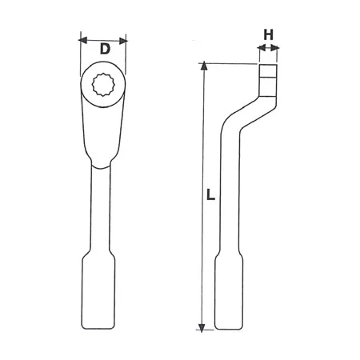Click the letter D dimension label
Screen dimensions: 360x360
[x=104, y=50]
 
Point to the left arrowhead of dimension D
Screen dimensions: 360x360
[x=83, y=38]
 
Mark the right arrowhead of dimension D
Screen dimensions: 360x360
[x=124, y=38]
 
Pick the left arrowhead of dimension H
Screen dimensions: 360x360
[x=261, y=48]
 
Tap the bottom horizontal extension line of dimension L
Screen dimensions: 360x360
[x=210, y=328]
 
